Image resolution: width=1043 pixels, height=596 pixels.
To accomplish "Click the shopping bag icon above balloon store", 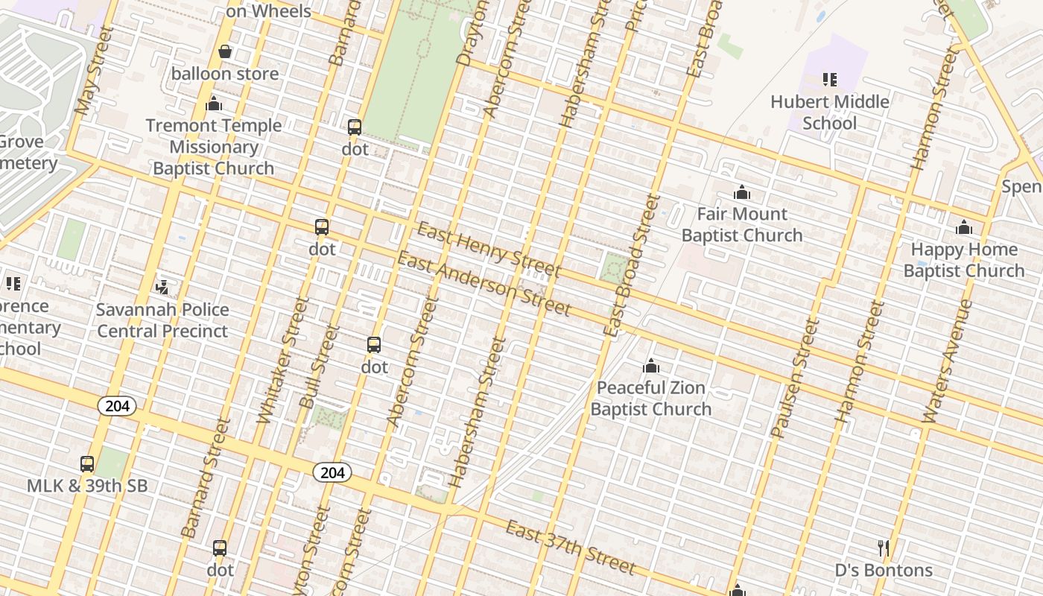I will point(224,51).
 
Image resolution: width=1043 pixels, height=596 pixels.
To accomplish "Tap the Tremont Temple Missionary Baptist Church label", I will point(214,147).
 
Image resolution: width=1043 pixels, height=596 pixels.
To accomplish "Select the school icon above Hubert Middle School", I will point(829,79).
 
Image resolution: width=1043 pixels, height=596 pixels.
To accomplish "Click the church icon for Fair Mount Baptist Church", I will point(741,193).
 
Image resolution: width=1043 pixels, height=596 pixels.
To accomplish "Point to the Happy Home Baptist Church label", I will point(964,260).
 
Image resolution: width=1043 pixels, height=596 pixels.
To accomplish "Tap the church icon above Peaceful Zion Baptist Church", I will point(651,366).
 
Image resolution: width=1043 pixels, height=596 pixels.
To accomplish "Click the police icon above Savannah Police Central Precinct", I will point(162,286).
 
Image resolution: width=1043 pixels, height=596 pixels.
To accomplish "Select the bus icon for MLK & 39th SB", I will point(87,464).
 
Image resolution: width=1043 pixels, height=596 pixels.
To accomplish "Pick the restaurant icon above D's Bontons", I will point(883,548).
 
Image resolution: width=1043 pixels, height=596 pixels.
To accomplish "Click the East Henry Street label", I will point(488,248).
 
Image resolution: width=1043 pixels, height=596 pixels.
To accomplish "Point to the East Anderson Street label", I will point(484,284).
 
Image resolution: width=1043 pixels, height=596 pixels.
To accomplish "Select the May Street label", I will point(93,72).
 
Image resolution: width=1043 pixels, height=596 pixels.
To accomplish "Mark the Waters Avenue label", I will point(946,362).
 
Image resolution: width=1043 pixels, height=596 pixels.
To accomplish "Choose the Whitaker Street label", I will point(272,361).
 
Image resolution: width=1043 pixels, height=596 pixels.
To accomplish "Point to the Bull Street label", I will point(318,367).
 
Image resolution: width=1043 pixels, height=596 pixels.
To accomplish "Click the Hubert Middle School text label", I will point(829,112).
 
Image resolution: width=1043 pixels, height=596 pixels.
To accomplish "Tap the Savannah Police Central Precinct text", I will point(162,320).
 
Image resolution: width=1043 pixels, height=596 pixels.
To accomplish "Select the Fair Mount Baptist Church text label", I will point(741,225).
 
